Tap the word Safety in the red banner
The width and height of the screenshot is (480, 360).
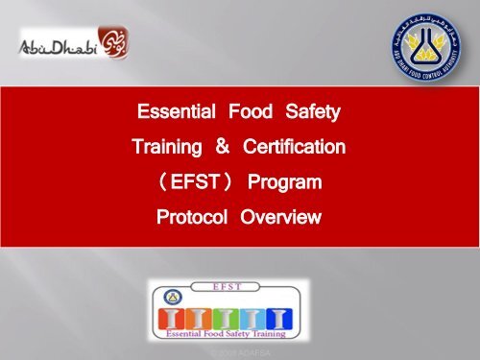coord(312,114)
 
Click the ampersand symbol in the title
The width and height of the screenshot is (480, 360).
coord(221,149)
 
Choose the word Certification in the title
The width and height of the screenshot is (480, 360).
coord(294,149)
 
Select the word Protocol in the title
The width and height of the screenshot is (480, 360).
coord(191,217)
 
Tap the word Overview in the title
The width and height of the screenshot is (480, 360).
coord(280,217)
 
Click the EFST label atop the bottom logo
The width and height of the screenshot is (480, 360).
coord(228,286)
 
